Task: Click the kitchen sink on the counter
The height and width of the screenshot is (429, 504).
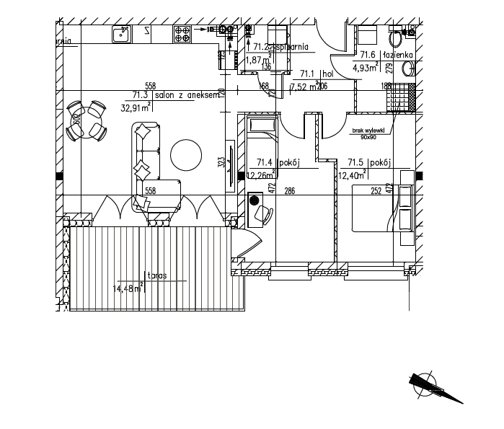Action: pyautogui.click(x=120, y=33)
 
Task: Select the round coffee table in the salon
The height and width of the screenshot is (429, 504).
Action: pyautogui.click(x=187, y=154)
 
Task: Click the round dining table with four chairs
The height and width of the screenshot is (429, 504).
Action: pyautogui.click(x=87, y=122)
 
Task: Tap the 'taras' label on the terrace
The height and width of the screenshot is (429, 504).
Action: pyautogui.click(x=156, y=275)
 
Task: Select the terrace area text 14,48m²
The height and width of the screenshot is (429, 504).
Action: pyautogui.click(x=127, y=289)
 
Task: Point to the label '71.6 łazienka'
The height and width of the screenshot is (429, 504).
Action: pyautogui.click(x=386, y=55)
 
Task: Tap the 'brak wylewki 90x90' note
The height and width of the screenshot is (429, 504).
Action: pyautogui.click(x=368, y=133)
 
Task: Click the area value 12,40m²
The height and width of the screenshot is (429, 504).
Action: pyautogui.click(x=352, y=175)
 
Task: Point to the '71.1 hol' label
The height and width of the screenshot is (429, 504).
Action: pyautogui.click(x=317, y=73)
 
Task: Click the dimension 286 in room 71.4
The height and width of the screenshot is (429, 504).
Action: pyautogui.click(x=290, y=191)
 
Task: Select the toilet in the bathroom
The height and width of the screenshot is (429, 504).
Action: pyautogui.click(x=407, y=68)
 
